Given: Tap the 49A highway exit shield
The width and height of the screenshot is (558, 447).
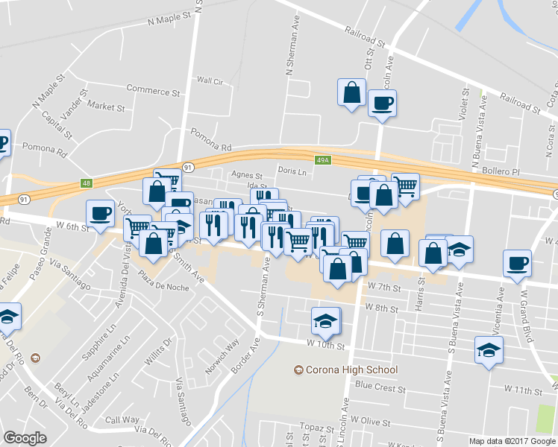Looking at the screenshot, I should (x=322, y=159).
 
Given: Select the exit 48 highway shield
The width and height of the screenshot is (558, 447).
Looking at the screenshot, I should (x=87, y=183).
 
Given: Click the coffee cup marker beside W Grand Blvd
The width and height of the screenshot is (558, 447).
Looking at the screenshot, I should (x=517, y=263).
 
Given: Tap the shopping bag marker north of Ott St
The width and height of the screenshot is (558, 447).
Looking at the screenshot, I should (x=351, y=93).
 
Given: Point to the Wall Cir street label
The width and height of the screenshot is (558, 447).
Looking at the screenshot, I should (x=210, y=80).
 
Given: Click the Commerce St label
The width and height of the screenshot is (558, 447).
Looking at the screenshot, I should (x=153, y=91).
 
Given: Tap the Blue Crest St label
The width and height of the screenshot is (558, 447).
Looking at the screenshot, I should (x=380, y=387).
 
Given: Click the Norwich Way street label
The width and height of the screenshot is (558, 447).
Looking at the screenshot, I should (x=224, y=349).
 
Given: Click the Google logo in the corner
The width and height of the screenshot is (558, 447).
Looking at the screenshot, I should (x=25, y=437).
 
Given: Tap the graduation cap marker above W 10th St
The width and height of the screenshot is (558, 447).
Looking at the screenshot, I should (x=325, y=320).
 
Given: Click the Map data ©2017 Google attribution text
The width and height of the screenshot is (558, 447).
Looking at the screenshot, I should (x=512, y=441).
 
